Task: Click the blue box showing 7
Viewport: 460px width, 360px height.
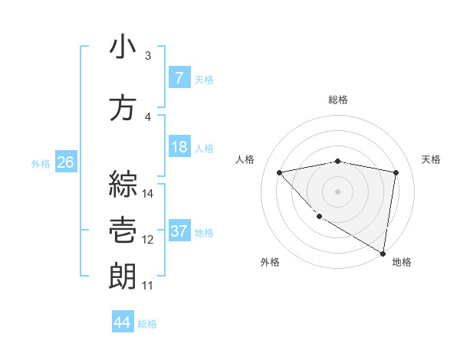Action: [x=179, y=78]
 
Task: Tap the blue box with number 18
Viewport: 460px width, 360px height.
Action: [x=179, y=147]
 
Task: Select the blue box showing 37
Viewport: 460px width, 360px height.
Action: [x=179, y=231]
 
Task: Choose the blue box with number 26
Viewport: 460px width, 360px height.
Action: [x=65, y=162]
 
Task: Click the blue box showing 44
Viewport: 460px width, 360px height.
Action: [x=122, y=323]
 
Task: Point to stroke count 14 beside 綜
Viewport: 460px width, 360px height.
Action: [x=148, y=193]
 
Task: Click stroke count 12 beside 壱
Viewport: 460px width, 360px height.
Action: [x=148, y=240]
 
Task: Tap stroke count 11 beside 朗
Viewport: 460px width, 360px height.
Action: [x=147, y=286]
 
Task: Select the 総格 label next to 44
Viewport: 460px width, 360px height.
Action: [x=147, y=324]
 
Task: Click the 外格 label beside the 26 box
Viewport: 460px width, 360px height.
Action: [x=41, y=163]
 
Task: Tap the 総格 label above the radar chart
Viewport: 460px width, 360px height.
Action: [x=338, y=100]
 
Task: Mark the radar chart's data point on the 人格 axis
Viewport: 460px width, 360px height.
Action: [x=280, y=172]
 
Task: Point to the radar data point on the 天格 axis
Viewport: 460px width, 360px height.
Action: [x=396, y=172]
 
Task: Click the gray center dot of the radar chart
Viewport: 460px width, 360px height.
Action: [x=338, y=191]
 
